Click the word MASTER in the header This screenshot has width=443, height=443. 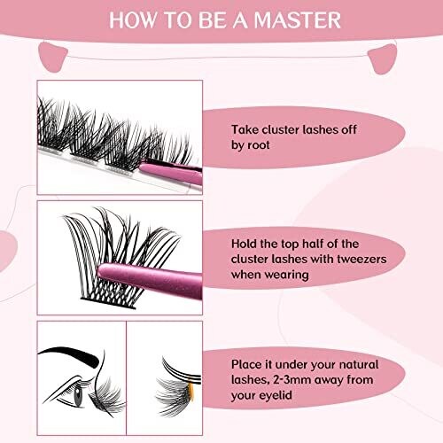(x=297, y=20)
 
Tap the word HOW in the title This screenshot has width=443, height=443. (x=132, y=20)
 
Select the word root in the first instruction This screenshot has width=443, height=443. (x=259, y=145)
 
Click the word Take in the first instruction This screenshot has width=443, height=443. (x=245, y=129)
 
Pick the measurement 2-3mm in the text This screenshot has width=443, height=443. (x=292, y=379)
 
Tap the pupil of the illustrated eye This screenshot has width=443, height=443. (x=78, y=396)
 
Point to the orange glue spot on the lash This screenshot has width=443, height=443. (x=190, y=391)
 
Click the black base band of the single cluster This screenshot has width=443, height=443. (x=108, y=303)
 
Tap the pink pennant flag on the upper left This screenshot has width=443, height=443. (x=53, y=57)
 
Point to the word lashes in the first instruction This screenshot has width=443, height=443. (x=317, y=129)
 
